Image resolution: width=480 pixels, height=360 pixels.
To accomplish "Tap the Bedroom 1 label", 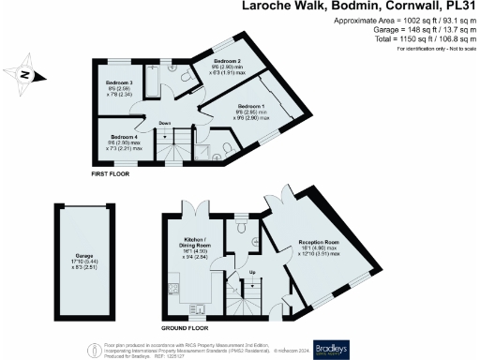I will coord(253,107).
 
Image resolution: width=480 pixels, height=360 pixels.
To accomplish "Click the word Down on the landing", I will coord(163,124).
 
